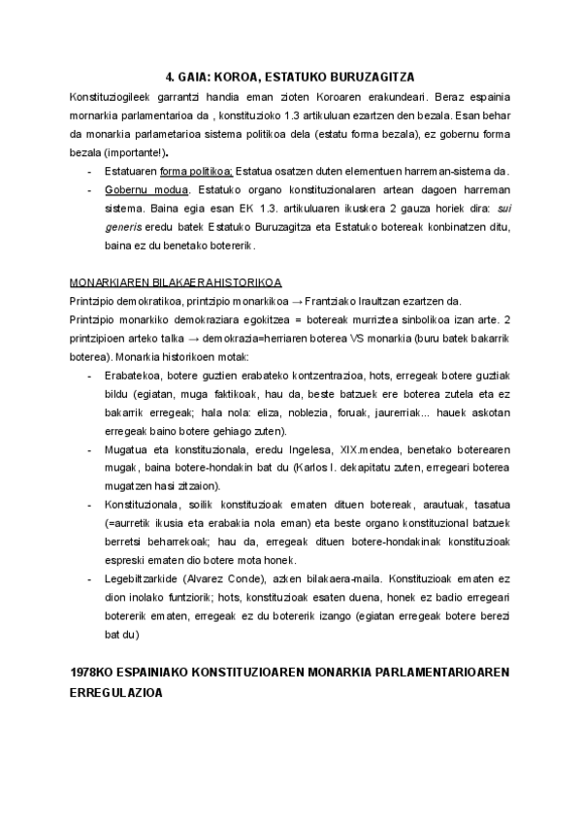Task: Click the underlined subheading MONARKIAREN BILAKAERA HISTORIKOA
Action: pos(176,282)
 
